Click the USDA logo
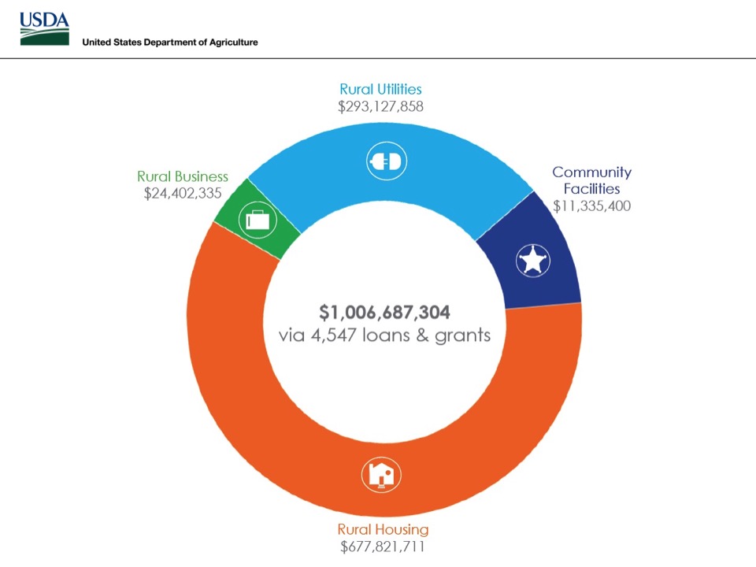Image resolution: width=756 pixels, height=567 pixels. pos(44,29)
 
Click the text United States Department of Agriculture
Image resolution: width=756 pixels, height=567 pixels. pos(170,42)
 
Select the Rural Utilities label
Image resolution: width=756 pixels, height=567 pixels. pos(380,90)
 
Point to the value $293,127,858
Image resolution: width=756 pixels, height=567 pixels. pos(380,106)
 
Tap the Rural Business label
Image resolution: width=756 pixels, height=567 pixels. pos(183,176)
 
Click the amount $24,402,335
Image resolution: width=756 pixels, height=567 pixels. pos(183,193)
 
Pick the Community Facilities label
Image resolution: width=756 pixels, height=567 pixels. pos(591,180)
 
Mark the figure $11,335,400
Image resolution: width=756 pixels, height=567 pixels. pos(591,206)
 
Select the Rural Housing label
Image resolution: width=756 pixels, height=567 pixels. pos(383,529)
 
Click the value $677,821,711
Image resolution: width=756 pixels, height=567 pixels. pos(383,546)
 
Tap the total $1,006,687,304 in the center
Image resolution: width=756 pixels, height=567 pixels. pos(384,313)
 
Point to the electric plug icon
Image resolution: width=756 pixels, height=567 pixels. pos(385,162)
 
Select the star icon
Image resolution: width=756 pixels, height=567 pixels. pos(533,260)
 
